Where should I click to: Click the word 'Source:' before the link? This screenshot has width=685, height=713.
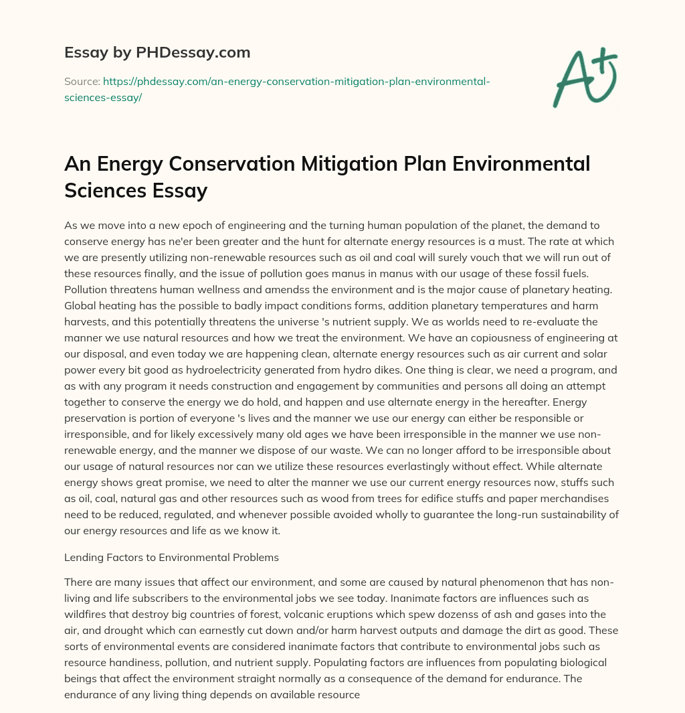[82, 81]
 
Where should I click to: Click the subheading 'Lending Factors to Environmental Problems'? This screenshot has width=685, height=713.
[171, 558]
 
